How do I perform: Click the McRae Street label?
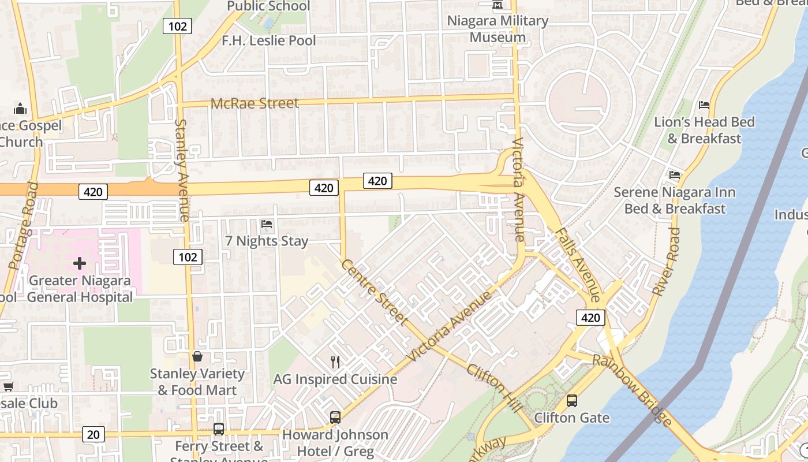pos(255,103)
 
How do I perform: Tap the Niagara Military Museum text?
pos(497,29)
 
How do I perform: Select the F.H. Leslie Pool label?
pos(269,40)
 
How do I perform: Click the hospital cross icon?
pos(80,264)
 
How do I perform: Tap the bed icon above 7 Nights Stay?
pos(266,223)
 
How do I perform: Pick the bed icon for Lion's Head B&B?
pos(704,105)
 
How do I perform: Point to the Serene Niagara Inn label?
pos(674,200)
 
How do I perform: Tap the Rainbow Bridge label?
pos(633,390)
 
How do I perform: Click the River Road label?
pos(667,262)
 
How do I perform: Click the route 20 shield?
pos(93,434)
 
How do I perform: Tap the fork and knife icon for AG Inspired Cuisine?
pos(335,362)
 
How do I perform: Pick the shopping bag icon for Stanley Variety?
pos(197,356)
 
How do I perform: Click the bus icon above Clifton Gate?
pos(572,400)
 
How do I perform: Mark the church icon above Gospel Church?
pos(20,109)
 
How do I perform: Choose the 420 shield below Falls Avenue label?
pos(590,318)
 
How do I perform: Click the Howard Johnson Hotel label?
pos(335,443)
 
